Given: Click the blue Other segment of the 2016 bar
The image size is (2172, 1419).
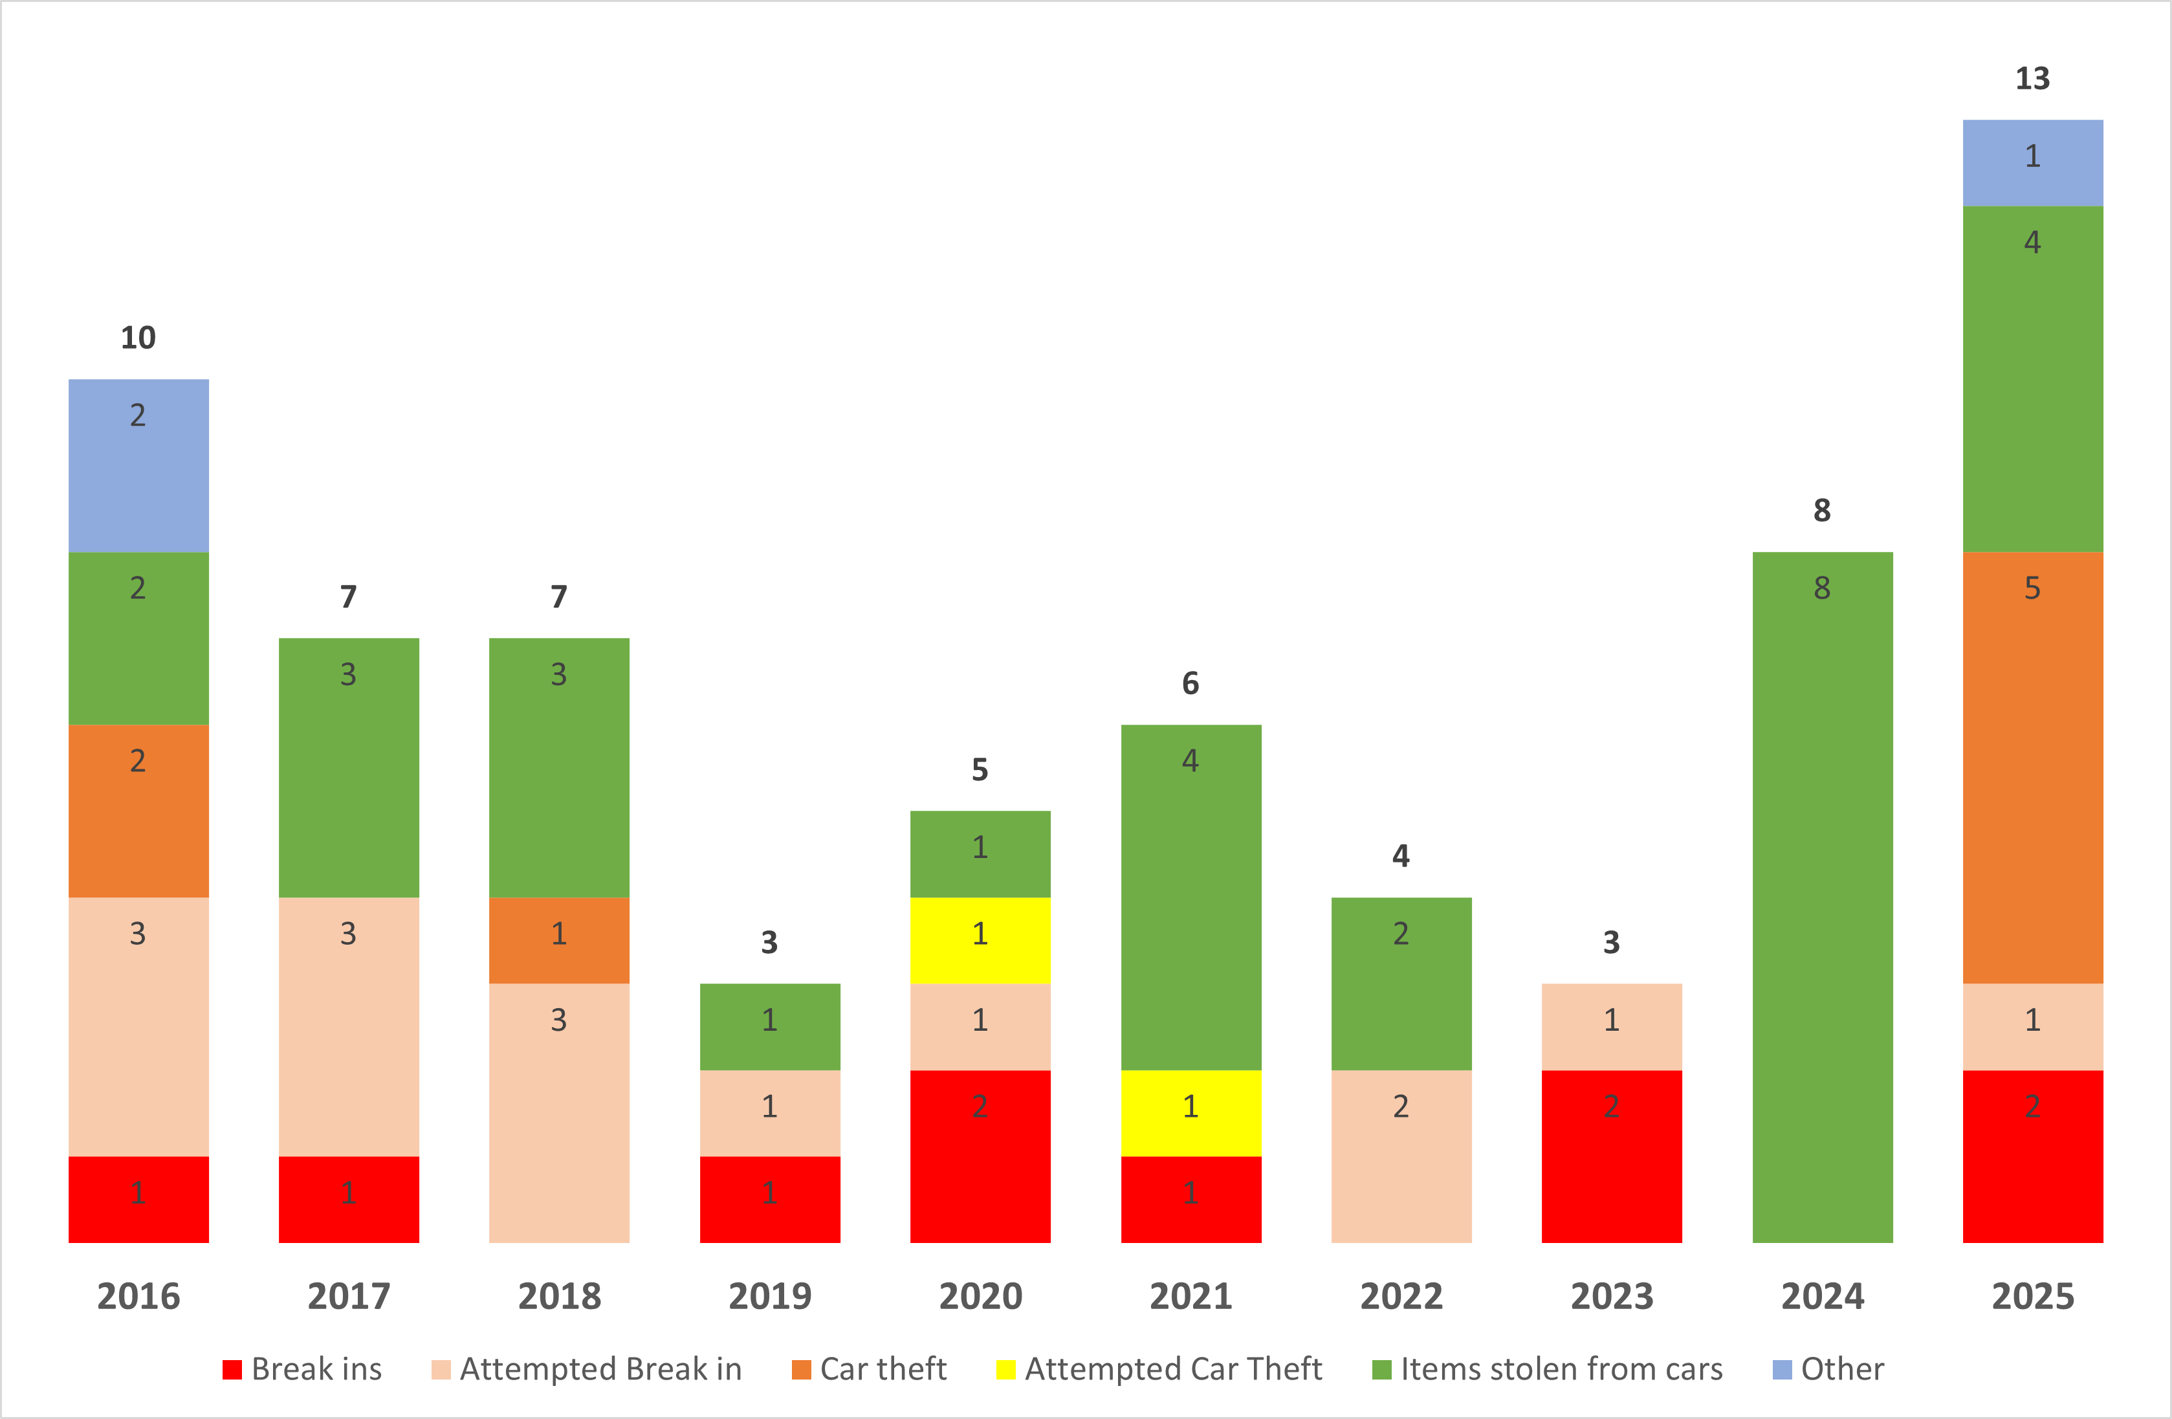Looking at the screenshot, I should point(138,465).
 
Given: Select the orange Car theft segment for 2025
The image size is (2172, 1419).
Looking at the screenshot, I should point(2032,767).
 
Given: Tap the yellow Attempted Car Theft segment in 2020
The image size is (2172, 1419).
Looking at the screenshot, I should point(980,940).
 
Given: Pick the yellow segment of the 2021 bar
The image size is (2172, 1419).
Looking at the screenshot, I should point(1191,1114).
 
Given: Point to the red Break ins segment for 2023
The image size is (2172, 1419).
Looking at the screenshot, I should point(1612,1156).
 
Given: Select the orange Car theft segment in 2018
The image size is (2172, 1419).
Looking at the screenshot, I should point(560,940).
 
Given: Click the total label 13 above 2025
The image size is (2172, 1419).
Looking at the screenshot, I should point(2032,78).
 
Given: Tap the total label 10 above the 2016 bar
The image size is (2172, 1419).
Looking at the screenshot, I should point(138,338).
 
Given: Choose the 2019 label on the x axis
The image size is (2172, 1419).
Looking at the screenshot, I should point(770,1296).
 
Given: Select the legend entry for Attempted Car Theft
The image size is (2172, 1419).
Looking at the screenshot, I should point(1159,1369).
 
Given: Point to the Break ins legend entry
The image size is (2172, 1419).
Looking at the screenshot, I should point(303,1369).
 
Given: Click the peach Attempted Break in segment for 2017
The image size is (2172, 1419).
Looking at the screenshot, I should point(349,1027).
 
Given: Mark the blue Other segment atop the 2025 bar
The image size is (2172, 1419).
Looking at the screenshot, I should point(2032,162).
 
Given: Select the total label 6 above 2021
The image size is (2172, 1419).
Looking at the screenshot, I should point(1191,683).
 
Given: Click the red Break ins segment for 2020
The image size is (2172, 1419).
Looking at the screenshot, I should point(980,1156).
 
